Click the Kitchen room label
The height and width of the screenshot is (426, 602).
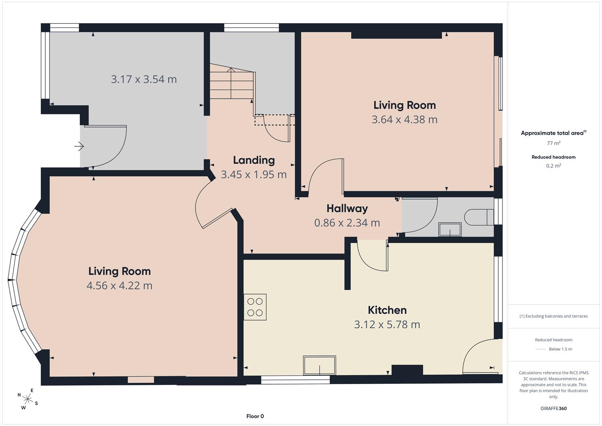[387, 310]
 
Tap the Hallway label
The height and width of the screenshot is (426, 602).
[347, 208]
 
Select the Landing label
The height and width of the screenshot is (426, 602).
[254, 160]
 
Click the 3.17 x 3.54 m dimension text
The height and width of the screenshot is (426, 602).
[144, 79]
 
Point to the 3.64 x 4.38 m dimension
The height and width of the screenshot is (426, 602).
[404, 120]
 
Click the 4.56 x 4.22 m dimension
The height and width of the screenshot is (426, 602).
[119, 285]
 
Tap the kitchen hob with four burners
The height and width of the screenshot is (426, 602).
[255, 307]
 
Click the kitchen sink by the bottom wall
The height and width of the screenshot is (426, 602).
[320, 365]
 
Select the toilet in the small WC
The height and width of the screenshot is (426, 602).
[479, 217]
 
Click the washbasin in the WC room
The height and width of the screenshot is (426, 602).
[450, 230]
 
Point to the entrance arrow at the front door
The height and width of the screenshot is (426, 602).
[79, 146]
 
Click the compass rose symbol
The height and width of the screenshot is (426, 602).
[28, 399]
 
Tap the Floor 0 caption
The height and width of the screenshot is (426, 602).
[255, 416]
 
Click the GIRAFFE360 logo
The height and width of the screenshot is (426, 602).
[554, 408]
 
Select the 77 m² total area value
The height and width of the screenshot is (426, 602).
[554, 143]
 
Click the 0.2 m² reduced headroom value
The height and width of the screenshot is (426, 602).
[554, 165]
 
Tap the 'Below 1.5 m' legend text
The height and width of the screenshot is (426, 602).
[560, 349]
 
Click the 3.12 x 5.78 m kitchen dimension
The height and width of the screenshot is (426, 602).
[387, 325]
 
